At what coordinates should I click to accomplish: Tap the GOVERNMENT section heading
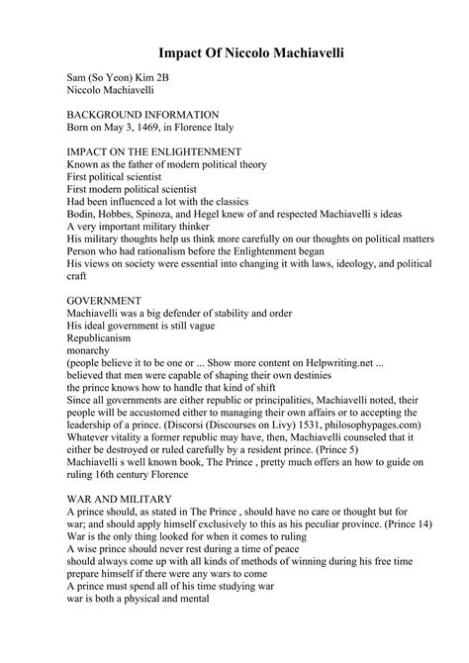point(104,299)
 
